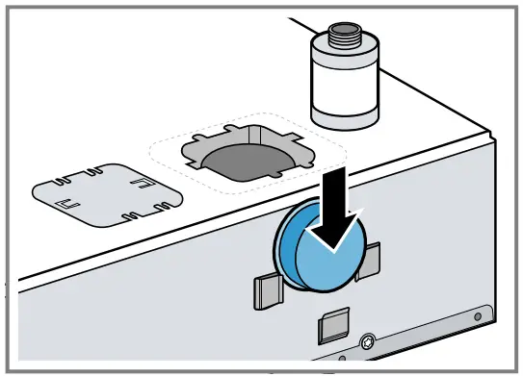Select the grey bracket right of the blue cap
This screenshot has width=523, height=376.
point(369,263)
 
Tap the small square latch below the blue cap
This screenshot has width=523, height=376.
point(331,327)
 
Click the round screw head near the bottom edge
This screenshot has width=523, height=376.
point(369,342)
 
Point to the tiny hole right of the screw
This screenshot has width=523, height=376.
point(476,313)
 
